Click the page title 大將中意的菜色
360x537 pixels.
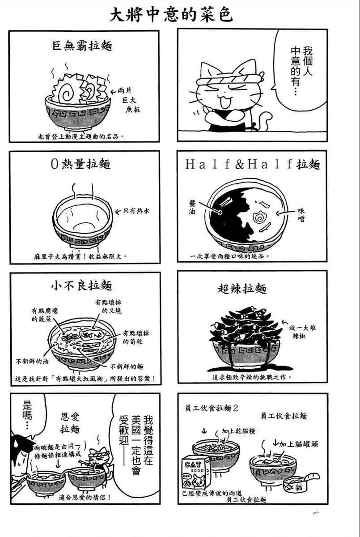(x=171, y=16)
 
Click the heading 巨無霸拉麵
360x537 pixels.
(x=82, y=46)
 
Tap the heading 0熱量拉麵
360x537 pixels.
(x=80, y=164)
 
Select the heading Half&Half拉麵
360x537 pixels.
(x=253, y=165)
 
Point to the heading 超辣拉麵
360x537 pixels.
(x=242, y=289)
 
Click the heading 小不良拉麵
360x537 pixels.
(x=82, y=286)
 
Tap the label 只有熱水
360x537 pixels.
(x=136, y=211)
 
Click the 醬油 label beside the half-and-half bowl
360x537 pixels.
(x=192, y=207)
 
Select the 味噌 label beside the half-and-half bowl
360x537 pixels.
(x=301, y=214)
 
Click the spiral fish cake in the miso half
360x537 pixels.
(x=259, y=217)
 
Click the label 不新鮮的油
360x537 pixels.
(x=32, y=361)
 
